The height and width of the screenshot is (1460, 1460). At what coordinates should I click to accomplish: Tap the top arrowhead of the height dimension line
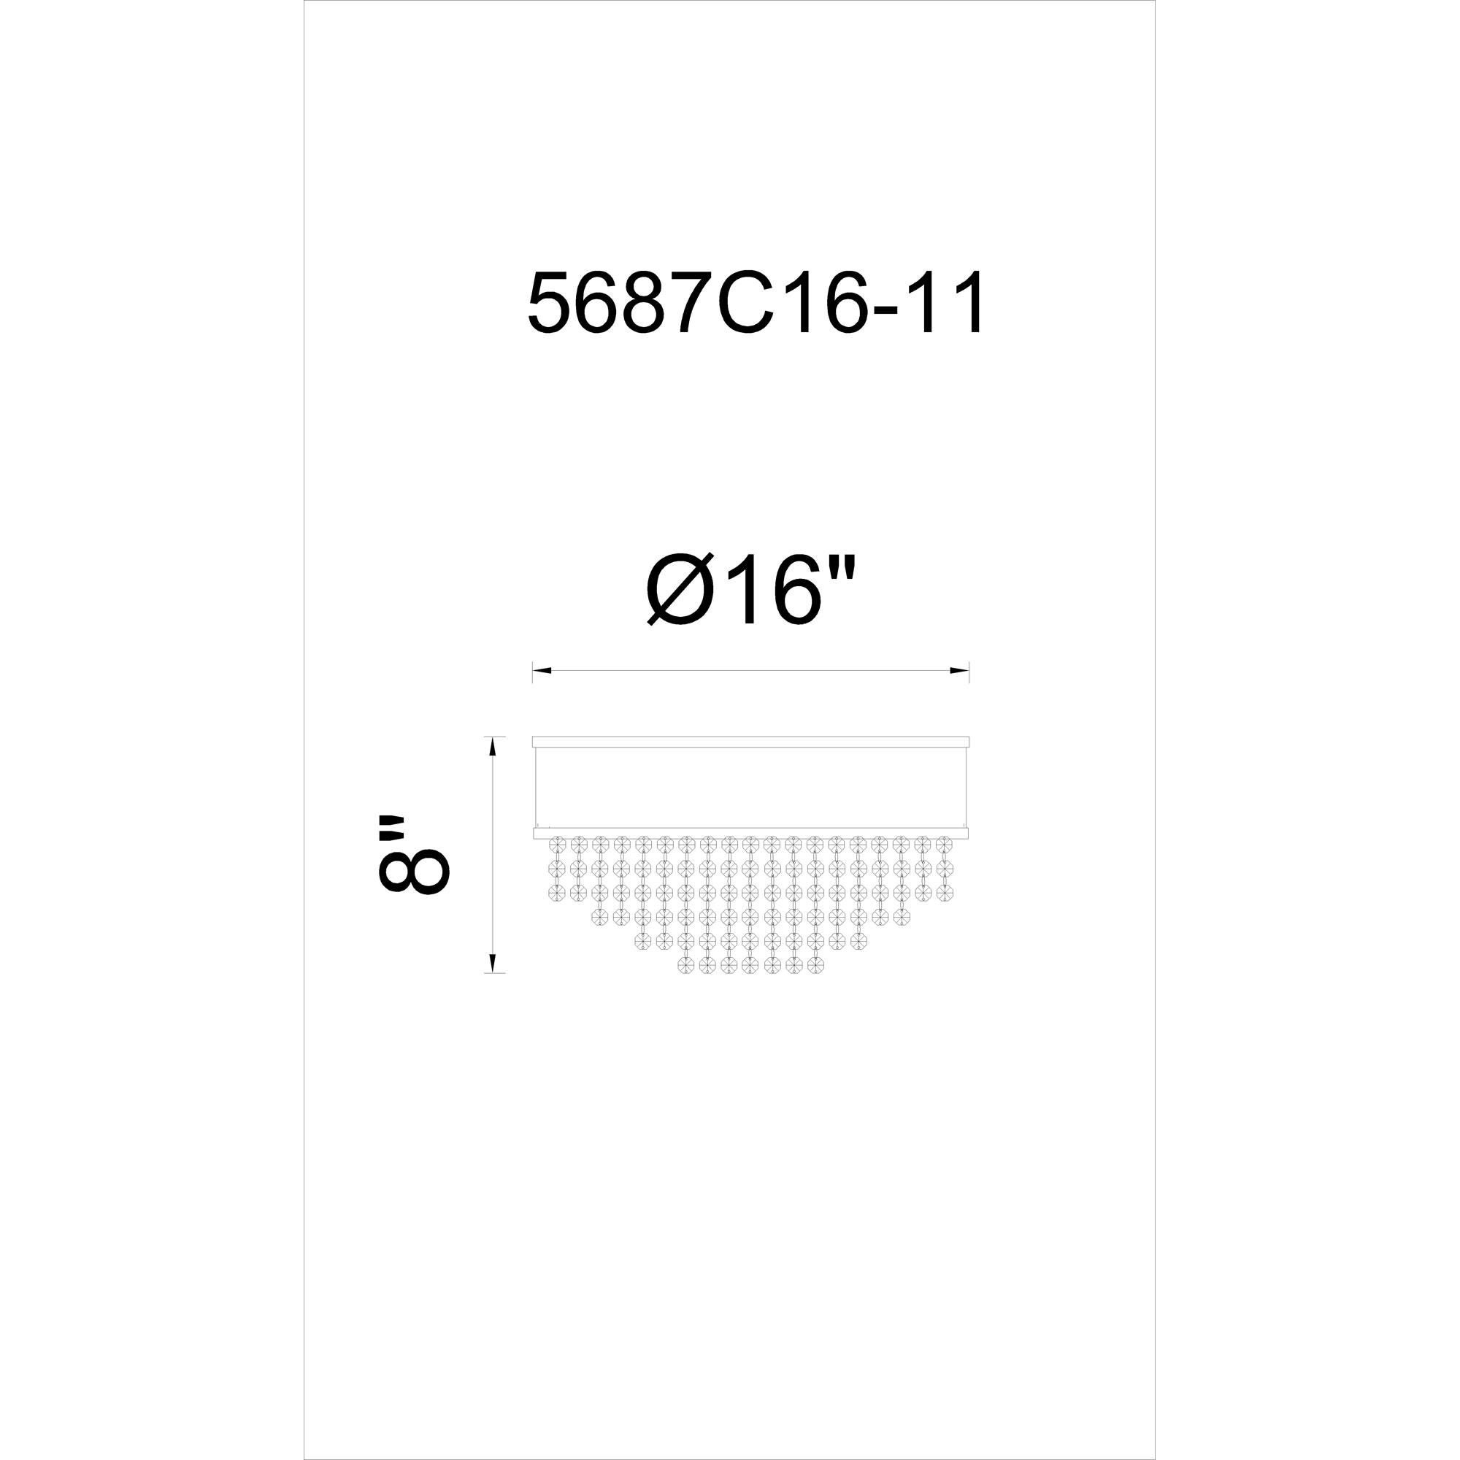(x=493, y=746)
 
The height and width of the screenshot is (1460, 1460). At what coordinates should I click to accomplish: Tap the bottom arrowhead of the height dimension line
(x=493, y=963)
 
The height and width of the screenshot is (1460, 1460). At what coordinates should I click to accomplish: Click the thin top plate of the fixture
(x=750, y=742)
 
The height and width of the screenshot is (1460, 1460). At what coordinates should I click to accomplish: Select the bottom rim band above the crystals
(x=750, y=833)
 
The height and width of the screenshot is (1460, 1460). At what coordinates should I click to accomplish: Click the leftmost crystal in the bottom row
(x=686, y=965)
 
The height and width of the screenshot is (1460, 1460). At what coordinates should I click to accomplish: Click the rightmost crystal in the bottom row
(x=815, y=965)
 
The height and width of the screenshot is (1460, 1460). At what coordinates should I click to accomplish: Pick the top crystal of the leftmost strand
(x=558, y=842)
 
